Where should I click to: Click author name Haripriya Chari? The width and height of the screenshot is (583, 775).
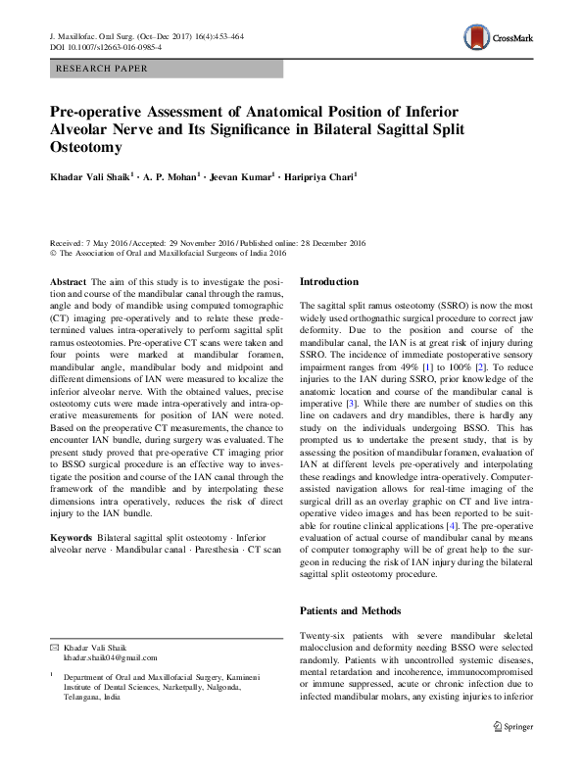click(x=321, y=178)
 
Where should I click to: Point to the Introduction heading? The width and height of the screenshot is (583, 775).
click(x=335, y=281)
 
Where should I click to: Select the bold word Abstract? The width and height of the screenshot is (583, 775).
click(x=68, y=281)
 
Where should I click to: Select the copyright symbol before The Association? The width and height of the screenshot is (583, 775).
click(x=53, y=252)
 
